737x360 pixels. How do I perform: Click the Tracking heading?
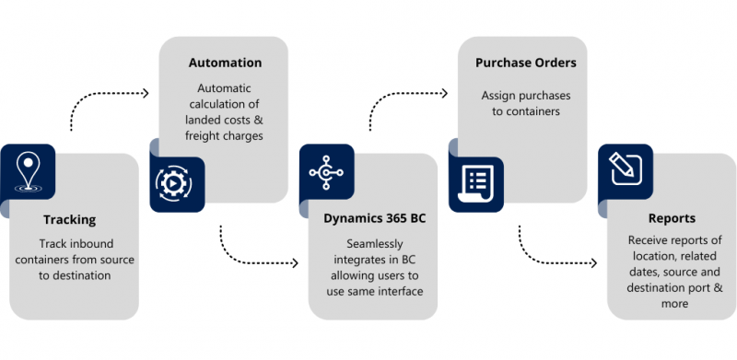click(69, 220)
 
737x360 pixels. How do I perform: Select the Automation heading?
click(225, 63)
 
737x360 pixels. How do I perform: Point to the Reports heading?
click(671, 219)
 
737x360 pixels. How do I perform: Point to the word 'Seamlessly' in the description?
click(370, 243)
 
